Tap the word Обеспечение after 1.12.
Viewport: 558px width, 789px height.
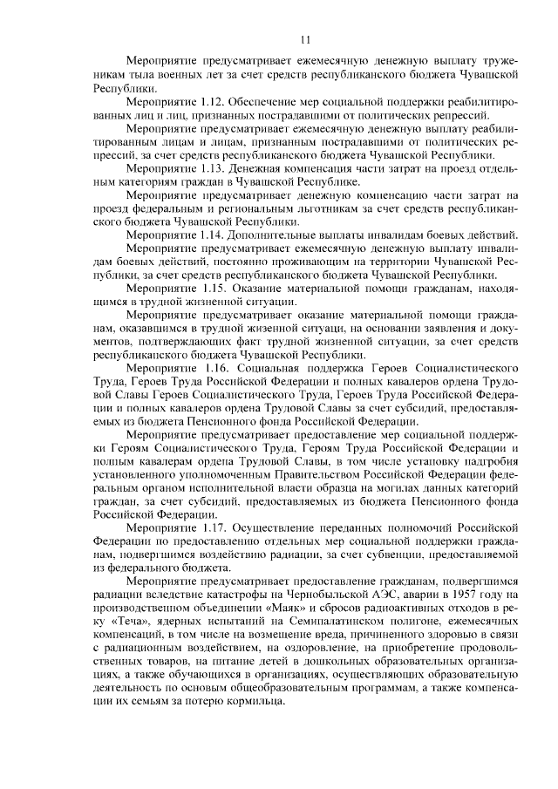click(266, 102)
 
